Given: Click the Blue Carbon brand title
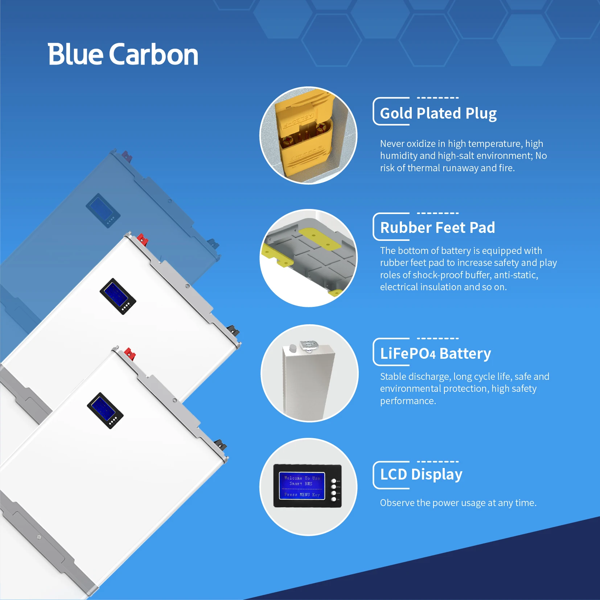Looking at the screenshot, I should pyautogui.click(x=123, y=54).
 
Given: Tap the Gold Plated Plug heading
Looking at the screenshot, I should pyautogui.click(x=438, y=113).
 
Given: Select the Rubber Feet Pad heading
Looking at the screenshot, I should pyautogui.click(x=437, y=228).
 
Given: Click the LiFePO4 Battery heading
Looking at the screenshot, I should pyautogui.click(x=435, y=353).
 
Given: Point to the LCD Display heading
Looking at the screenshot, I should pyautogui.click(x=421, y=474).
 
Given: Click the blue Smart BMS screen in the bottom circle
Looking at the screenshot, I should pyautogui.click(x=302, y=486).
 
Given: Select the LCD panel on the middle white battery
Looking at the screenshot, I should pyautogui.click(x=118, y=296).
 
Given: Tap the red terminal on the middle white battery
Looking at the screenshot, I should pyautogui.click(x=142, y=239).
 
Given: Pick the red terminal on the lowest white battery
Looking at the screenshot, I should pyautogui.click(x=130, y=353).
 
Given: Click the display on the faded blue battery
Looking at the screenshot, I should pyautogui.click(x=103, y=210).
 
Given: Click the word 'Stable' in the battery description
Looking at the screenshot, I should pyautogui.click(x=393, y=377).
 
